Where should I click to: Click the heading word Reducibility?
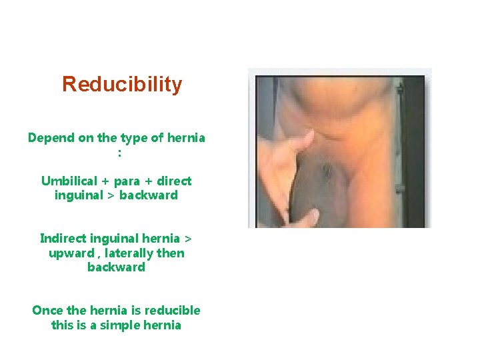pos(121,85)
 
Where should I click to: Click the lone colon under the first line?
pos(119,153)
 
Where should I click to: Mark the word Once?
pos(47,311)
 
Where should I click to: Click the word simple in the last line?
pos(123,325)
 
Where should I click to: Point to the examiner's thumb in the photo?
pos(301,141)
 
